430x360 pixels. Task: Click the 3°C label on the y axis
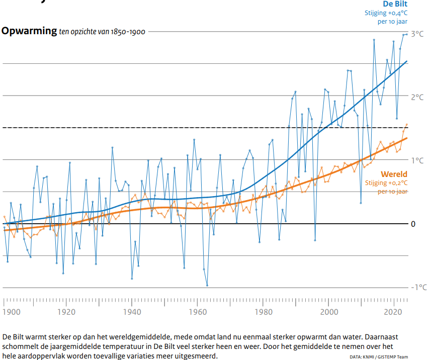pyautogui.click(x=417, y=34)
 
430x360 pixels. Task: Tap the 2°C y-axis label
pyautogui.click(x=417, y=97)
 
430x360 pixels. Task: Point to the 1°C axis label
pyautogui.click(x=417, y=161)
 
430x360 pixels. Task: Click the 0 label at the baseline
pyautogui.click(x=413, y=224)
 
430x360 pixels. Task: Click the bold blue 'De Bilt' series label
pyautogui.click(x=395, y=4)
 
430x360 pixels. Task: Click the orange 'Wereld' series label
pyautogui.click(x=394, y=174)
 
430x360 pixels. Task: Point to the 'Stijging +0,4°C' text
pyautogui.click(x=386, y=14)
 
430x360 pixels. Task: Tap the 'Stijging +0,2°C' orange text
pyautogui.click(x=386, y=183)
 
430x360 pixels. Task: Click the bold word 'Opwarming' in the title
pyautogui.click(x=29, y=31)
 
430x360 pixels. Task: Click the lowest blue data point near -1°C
pyautogui.click(x=207, y=285)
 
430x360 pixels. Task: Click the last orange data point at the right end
pyautogui.click(x=406, y=125)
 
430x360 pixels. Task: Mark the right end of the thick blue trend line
pyautogui.click(x=406, y=61)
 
